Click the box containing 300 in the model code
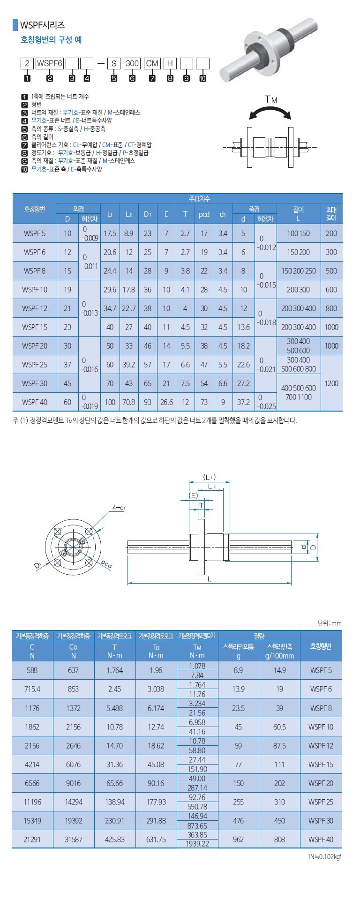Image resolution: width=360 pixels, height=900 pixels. [133, 64]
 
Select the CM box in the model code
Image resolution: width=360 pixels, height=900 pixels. [152, 64]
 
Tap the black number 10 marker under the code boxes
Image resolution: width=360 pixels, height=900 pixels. [202, 78]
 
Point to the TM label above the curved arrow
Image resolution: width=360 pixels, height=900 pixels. [271, 99]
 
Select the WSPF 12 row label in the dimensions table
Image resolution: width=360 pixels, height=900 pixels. [35, 308]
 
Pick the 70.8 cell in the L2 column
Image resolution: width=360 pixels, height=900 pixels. [129, 402]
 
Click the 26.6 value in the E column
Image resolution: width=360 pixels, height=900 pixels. [166, 402]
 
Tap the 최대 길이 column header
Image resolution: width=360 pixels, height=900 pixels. [331, 214]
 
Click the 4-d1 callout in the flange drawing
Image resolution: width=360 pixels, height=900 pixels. [119, 508]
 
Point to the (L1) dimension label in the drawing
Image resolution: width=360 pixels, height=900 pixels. [209, 477]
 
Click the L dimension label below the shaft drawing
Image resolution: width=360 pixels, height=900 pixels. [210, 579]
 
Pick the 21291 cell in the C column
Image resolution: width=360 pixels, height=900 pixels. [32, 839]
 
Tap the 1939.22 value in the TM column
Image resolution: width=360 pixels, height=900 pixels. [197, 844]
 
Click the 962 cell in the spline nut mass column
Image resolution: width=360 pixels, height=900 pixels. [238, 839]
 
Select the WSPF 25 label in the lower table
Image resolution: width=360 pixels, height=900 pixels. [321, 802]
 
